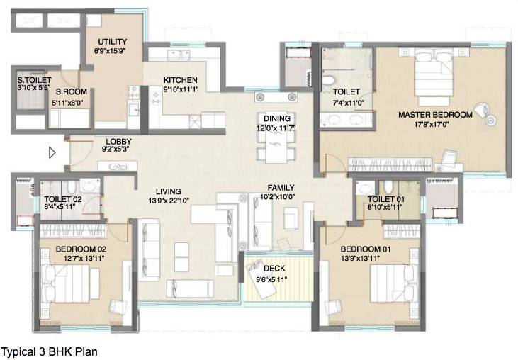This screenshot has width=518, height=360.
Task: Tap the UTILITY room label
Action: coord(112,40)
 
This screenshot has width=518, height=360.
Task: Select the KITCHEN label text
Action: coord(180,80)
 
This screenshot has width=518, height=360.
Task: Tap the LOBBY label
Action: coord(118,141)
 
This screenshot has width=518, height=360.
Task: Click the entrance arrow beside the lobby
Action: coord(52,152)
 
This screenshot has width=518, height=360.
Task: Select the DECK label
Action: coord(274,269)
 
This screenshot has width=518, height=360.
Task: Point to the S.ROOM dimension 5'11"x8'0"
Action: coord(71,102)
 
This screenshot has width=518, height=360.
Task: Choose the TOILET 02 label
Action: coord(62,199)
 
